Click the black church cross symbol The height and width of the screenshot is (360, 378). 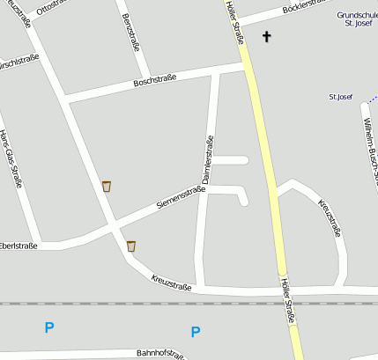click(266, 37)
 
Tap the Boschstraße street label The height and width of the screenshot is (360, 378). click(154, 80)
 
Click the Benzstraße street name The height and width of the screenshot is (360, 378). click(131, 32)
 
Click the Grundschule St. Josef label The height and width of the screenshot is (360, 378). click(356, 19)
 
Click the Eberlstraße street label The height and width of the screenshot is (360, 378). click(18, 246)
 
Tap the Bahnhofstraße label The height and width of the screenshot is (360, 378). click(159, 354)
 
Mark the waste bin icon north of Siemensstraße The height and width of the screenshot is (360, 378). click(107, 186)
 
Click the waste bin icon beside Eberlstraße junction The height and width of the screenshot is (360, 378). click(131, 246)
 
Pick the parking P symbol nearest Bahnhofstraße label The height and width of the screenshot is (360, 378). click(196, 332)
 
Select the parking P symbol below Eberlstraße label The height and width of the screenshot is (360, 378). click(49, 327)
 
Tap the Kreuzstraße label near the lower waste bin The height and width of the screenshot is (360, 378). click(171, 282)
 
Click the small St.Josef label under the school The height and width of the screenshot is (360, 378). click(340, 96)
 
